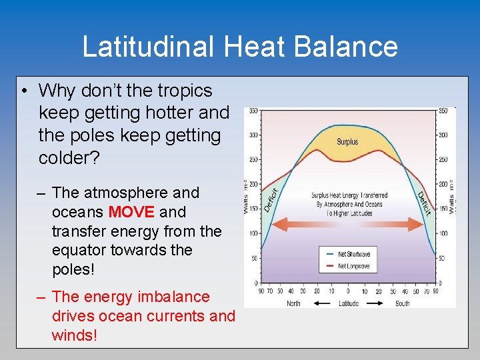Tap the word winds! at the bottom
74,335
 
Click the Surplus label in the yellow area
347,142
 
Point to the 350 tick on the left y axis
253,111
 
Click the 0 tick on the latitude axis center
347,291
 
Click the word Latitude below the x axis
347,303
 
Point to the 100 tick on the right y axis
442,234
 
